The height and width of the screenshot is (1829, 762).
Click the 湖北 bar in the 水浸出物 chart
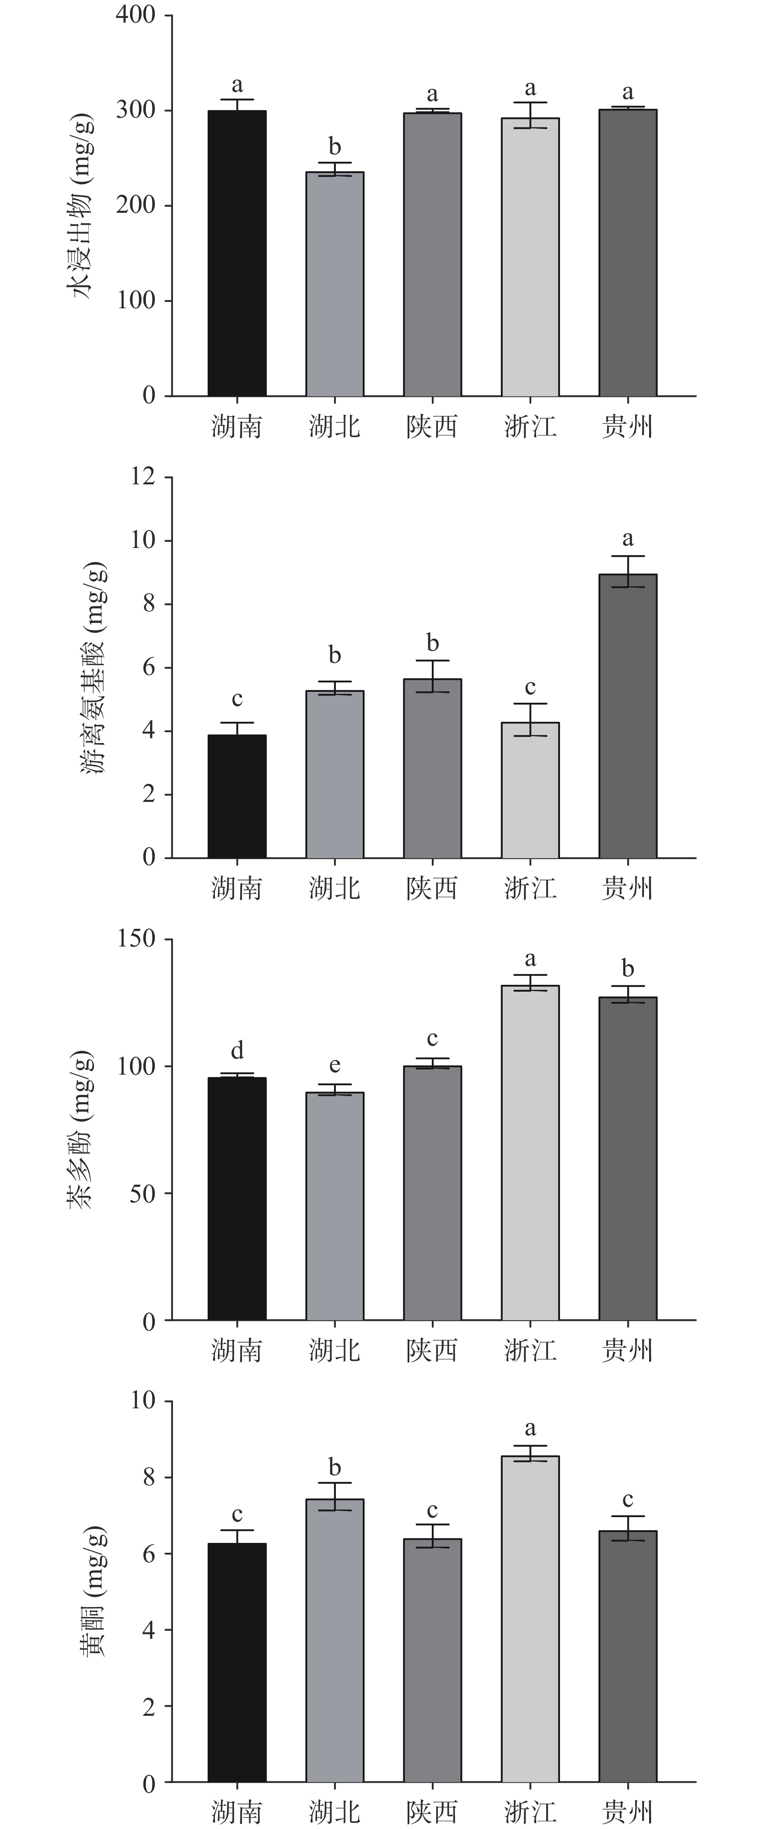pyautogui.click(x=335, y=284)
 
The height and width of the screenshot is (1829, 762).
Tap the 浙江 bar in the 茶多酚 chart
pyautogui.click(x=530, y=1153)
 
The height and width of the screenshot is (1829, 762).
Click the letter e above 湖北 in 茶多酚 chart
pyautogui.click(x=335, y=1065)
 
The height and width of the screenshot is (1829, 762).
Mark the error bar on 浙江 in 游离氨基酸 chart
pyautogui.click(x=530, y=719)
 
